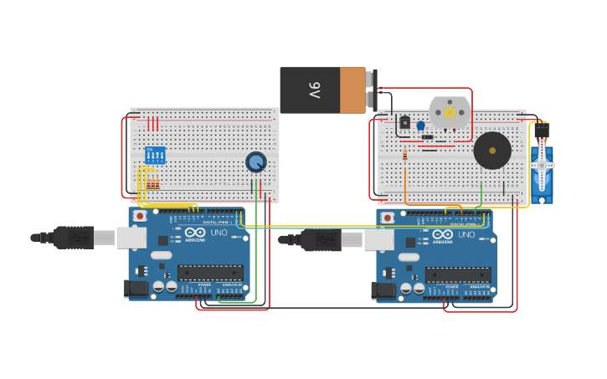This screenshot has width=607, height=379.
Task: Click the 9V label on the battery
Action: (315, 90)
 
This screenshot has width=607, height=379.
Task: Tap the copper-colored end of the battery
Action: (352, 90)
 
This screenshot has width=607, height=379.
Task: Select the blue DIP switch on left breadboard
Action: (155, 155)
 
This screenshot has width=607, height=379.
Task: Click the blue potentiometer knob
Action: (255, 161)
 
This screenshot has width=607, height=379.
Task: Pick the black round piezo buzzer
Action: (492, 151)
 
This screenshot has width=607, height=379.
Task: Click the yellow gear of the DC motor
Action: (450, 112)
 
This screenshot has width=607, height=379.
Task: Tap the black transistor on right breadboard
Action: (405, 123)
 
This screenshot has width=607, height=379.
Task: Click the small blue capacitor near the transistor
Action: (420, 125)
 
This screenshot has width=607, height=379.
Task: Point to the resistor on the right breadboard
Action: (405, 155)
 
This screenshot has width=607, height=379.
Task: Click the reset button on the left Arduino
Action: (140, 216)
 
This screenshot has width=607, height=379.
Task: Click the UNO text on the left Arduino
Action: (219, 233)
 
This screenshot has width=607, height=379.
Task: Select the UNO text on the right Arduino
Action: (466, 234)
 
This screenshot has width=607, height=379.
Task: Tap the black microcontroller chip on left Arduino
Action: (210, 272)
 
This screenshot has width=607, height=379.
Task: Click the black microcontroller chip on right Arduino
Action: (458, 274)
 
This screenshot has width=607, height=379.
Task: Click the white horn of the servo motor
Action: (542, 166)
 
